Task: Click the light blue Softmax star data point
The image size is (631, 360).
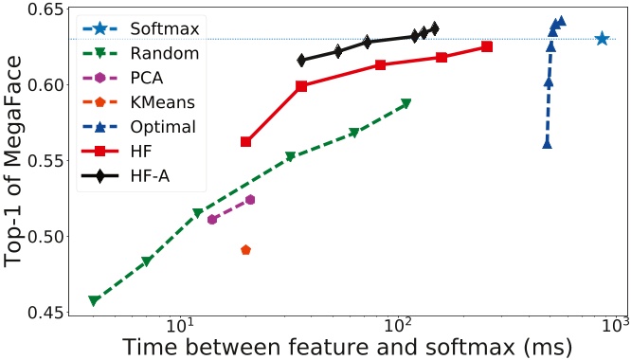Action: [602, 39]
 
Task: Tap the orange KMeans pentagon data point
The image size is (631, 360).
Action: [246, 250]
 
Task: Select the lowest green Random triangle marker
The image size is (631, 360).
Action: [94, 300]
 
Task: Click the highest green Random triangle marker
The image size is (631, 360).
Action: [406, 103]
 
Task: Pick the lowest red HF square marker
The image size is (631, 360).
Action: [245, 142]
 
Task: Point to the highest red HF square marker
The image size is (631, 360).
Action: [487, 46]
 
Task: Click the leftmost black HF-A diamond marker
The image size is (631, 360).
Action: [301, 60]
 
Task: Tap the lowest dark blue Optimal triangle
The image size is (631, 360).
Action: [548, 144]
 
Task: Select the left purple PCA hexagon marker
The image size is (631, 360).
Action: [212, 220]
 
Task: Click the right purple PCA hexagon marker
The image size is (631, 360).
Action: [250, 200]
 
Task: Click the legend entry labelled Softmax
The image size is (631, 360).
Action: [165, 29]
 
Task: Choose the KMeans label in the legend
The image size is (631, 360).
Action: [163, 102]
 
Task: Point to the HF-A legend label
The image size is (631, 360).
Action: [150, 176]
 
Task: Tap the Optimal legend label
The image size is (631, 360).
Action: [163, 127]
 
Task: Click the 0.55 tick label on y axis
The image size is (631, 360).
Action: [45, 160]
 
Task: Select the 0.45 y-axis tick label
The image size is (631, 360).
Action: [45, 312]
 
